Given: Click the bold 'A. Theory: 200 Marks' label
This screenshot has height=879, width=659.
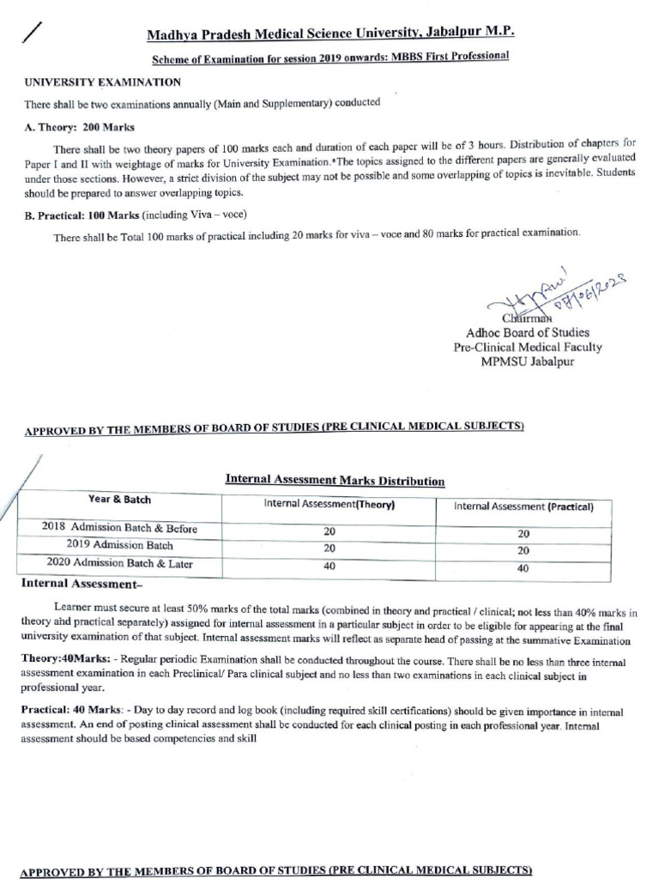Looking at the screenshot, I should [x=78, y=125].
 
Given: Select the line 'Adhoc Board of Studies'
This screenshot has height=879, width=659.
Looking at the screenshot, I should [x=527, y=332].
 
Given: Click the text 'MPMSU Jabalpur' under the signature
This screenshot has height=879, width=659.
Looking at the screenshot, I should [x=527, y=361].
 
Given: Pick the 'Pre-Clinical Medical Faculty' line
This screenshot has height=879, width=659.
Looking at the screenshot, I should [x=527, y=347].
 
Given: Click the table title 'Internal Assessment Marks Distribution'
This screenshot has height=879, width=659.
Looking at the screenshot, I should [x=335, y=481].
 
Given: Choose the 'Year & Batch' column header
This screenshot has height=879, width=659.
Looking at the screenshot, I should [x=119, y=500].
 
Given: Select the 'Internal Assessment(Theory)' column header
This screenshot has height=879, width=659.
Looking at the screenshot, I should [x=329, y=506].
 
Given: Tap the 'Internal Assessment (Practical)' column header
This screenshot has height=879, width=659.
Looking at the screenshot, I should [x=523, y=506].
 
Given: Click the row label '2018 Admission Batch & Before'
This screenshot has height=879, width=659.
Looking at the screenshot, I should [x=119, y=528].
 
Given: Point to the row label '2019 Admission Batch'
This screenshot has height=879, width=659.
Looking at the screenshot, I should [x=119, y=545].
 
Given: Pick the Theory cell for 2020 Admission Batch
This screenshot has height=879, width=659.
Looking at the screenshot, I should [x=329, y=567].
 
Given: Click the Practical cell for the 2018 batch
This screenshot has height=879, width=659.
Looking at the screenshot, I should [x=523, y=533].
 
